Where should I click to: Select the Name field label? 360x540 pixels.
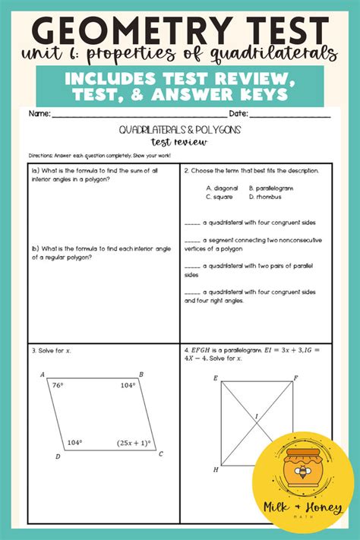39,113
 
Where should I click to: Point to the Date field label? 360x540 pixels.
238,113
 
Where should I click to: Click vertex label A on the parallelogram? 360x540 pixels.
42,374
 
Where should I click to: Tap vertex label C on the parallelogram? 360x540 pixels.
161,454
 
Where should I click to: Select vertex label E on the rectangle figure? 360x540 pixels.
216,377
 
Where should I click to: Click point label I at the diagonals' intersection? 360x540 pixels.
256,415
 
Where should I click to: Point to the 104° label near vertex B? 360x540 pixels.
126,385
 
